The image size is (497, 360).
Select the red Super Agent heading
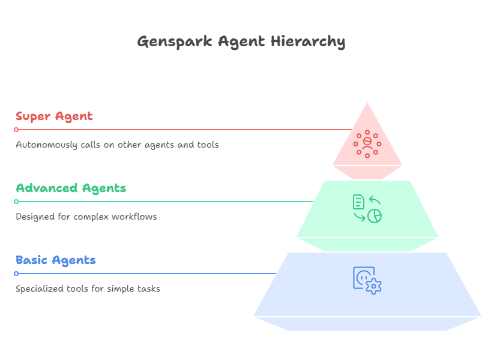[x=54, y=116]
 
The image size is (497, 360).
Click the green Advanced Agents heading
[x=71, y=188]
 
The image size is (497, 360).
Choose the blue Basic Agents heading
[x=56, y=260]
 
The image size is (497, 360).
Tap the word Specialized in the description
[x=37, y=289]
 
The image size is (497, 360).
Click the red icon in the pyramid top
[x=367, y=143]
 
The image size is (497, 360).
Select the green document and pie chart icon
[x=367, y=208]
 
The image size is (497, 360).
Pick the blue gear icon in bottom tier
[x=373, y=286]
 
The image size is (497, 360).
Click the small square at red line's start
[x=16, y=130]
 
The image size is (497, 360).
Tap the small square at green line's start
[x=16, y=202]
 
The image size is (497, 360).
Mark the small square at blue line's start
[x=16, y=274]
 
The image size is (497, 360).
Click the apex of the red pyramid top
[x=367, y=102]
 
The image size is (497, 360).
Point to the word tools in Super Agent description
[x=208, y=145]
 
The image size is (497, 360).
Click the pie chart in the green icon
[x=375, y=216]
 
